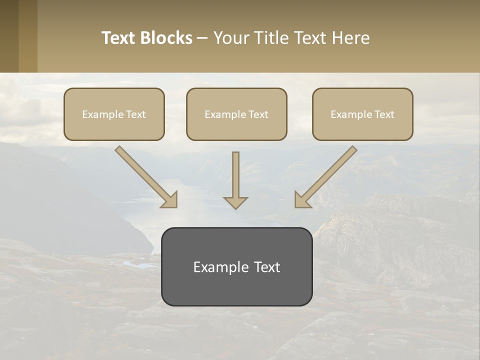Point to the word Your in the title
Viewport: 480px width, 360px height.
click(230, 38)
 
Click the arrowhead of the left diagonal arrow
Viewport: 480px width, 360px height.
click(170, 200)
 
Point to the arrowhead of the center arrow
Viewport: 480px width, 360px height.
click(235, 202)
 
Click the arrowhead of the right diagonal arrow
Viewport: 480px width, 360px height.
click(301, 200)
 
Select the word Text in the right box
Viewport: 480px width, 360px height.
click(384, 114)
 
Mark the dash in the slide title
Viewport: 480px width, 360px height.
click(202, 38)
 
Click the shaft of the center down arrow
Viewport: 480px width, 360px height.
click(235, 172)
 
